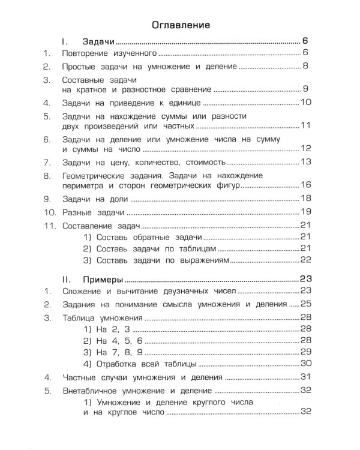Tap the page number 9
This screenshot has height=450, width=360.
[x=305, y=89]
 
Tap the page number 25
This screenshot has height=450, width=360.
[x=305, y=304]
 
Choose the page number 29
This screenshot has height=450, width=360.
[x=305, y=352]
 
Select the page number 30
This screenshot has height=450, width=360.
[x=305, y=364]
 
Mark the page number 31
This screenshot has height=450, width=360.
[x=305, y=378]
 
